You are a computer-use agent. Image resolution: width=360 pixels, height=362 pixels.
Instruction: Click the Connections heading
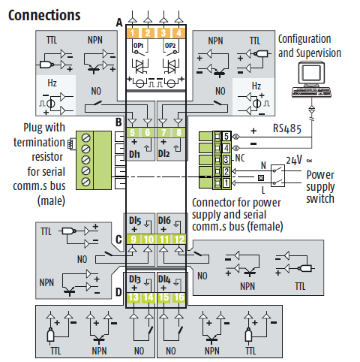tap(44, 15)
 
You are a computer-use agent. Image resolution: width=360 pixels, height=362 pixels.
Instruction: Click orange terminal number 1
tap(133, 33)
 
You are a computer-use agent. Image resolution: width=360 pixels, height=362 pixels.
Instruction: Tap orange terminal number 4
tap(179, 33)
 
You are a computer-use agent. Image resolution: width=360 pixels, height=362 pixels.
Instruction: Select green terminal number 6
tap(148, 132)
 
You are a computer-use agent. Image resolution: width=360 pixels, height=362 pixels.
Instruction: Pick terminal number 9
tap(133, 240)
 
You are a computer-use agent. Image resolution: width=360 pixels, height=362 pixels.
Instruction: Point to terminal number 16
tap(179, 297)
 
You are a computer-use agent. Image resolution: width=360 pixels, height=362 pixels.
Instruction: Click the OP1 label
tap(138, 46)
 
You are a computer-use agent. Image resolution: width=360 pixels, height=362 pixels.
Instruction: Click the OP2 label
tap(170, 46)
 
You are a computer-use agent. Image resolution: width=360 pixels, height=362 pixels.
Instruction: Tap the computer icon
tap(311, 80)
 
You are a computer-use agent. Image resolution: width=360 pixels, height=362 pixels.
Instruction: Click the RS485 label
tap(287, 128)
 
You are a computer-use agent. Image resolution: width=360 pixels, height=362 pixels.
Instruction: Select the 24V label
tap(294, 160)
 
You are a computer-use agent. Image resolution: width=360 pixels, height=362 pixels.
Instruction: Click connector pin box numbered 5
tap(226, 137)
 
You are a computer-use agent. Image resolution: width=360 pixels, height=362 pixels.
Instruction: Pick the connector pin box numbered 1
tap(226, 183)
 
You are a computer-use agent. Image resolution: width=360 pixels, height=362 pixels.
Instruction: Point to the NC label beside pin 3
tap(240, 158)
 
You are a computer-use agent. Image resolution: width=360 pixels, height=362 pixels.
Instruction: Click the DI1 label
tap(134, 154)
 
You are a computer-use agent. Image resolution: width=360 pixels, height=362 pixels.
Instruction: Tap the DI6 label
tap(164, 221)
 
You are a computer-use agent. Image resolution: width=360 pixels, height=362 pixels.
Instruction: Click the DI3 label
tap(135, 279)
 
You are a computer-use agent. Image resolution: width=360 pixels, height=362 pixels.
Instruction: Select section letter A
tap(119, 23)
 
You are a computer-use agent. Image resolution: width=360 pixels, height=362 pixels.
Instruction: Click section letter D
tap(118, 292)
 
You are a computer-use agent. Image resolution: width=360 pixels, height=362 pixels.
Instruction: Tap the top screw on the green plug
tap(86, 138)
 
